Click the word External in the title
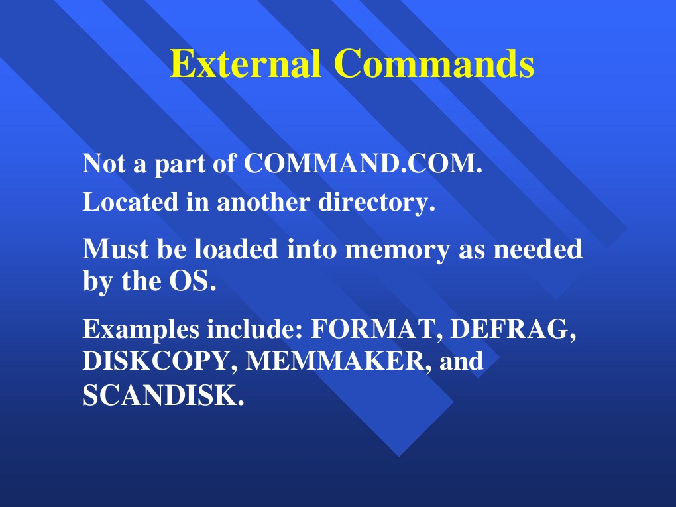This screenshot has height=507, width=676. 246,64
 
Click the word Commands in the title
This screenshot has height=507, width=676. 433,64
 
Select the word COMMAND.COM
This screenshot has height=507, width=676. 360,164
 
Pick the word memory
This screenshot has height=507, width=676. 399,251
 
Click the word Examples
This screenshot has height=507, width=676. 142,329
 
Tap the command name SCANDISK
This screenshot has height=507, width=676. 159,396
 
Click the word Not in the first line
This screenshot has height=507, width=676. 105,164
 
